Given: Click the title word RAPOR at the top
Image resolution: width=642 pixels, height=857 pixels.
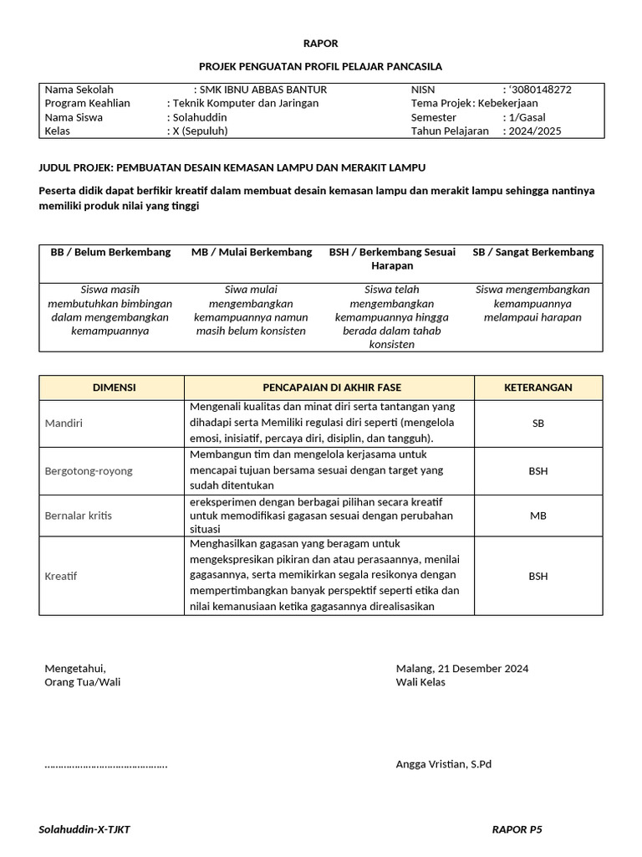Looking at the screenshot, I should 320,44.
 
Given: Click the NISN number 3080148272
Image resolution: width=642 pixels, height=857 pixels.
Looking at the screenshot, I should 541,90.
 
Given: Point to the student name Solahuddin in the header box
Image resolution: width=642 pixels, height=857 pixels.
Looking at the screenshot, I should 199,117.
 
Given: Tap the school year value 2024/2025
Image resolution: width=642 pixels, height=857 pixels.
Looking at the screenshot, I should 535,131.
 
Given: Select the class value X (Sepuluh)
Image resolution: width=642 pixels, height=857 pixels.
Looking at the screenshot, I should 200,131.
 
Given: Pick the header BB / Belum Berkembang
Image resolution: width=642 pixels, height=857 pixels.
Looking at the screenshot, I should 110,252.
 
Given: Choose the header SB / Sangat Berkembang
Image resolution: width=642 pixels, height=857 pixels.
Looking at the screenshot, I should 532,252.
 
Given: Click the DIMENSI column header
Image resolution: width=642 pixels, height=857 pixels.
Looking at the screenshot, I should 113,387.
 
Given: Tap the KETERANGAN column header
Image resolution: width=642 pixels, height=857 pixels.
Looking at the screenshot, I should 538,387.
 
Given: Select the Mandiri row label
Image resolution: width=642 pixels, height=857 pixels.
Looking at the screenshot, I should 64,423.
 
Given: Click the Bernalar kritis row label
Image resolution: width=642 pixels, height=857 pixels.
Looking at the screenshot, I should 78,516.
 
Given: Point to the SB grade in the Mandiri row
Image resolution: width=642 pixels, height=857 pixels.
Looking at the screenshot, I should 538,423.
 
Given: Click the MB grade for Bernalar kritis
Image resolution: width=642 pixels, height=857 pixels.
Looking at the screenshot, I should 538,516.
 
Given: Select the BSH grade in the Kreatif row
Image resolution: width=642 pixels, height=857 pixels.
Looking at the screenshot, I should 538,576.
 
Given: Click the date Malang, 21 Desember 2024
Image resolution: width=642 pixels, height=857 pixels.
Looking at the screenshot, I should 461,668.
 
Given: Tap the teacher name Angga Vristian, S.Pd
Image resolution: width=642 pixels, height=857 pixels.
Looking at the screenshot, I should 443,764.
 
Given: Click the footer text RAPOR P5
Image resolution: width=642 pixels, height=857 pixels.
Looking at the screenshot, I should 517,829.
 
